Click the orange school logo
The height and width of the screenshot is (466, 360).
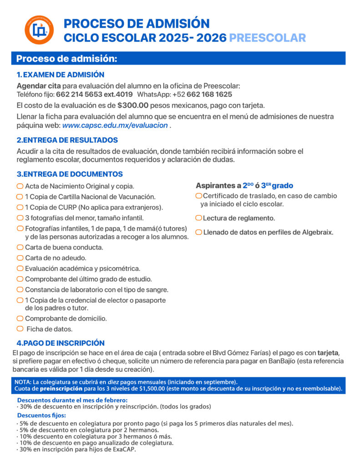tap(39, 30)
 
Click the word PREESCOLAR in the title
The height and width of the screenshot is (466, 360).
tap(267, 38)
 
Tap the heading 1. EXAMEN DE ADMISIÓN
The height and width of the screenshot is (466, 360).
tap(61, 75)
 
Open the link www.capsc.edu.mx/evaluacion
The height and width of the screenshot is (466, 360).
tap(115, 125)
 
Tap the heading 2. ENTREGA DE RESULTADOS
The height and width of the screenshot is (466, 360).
tap(67, 140)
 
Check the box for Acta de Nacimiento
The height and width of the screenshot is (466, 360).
tap(20, 186)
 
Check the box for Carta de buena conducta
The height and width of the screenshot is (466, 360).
tap(20, 247)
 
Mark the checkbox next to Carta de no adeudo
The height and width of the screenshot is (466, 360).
tap(20, 258)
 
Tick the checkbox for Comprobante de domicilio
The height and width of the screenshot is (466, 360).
tap(20, 319)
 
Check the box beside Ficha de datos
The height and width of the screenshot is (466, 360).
tap(20, 329)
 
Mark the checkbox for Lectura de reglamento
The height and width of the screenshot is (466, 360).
tap(198, 218)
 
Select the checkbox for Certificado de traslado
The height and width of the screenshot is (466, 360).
tap(198, 196)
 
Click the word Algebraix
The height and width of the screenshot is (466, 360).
tap(318, 232)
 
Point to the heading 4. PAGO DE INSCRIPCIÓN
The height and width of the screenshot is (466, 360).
tap(61, 343)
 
